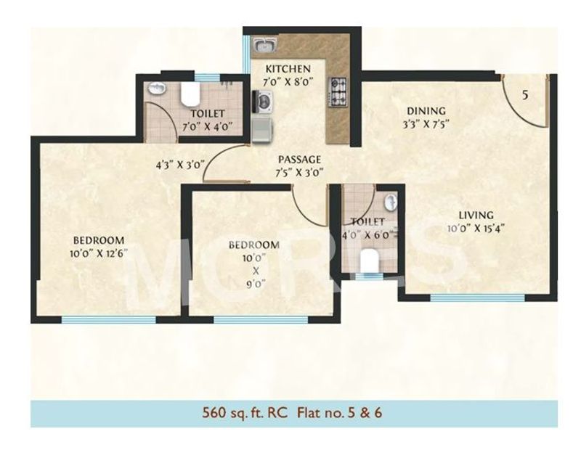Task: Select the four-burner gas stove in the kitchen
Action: coord(339,90)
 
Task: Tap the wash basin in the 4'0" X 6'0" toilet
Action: coord(390,201)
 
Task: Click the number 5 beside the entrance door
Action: coord(524,94)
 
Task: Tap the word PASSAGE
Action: coord(300,160)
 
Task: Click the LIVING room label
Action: coord(476,215)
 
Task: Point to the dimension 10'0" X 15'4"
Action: coord(476,227)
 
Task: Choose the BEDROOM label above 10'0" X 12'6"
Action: coord(99,239)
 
